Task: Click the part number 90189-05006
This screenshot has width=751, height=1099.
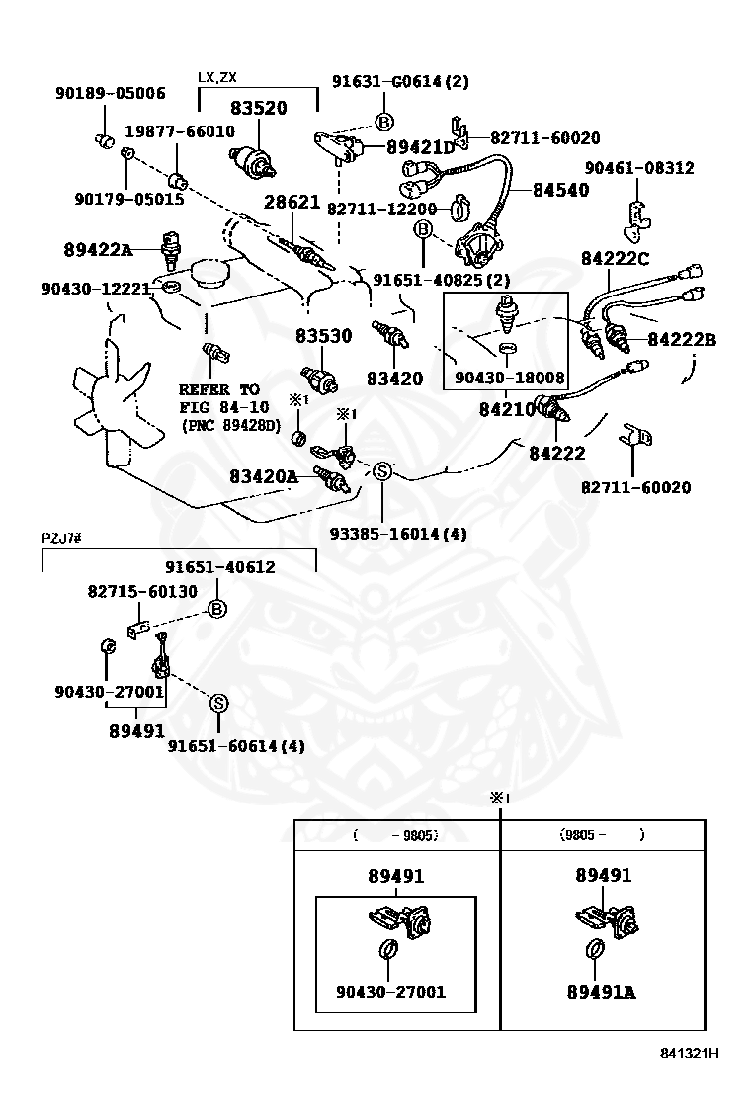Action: pyautogui.click(x=109, y=94)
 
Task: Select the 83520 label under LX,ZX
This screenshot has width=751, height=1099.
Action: pyautogui.click(x=259, y=108)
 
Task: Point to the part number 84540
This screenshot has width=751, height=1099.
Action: pyautogui.click(x=560, y=190)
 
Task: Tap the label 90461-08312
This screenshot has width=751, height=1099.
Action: pyautogui.click(x=638, y=169)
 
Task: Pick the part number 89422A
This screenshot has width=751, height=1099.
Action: pyautogui.click(x=98, y=250)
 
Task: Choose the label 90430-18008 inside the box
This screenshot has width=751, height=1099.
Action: pyautogui.click(x=509, y=378)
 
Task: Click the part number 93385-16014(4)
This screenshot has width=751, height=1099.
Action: pyautogui.click(x=398, y=534)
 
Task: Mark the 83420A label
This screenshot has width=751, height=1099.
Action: pyautogui.click(x=263, y=476)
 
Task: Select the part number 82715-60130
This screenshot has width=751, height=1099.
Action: pyautogui.click(x=142, y=591)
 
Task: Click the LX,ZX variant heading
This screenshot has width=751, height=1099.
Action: pyautogui.click(x=217, y=76)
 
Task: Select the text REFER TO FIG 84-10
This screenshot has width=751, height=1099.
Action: pyautogui.click(x=219, y=398)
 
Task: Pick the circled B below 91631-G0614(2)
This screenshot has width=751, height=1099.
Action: pyautogui.click(x=383, y=122)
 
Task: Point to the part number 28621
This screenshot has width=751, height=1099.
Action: pyautogui.click(x=292, y=202)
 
